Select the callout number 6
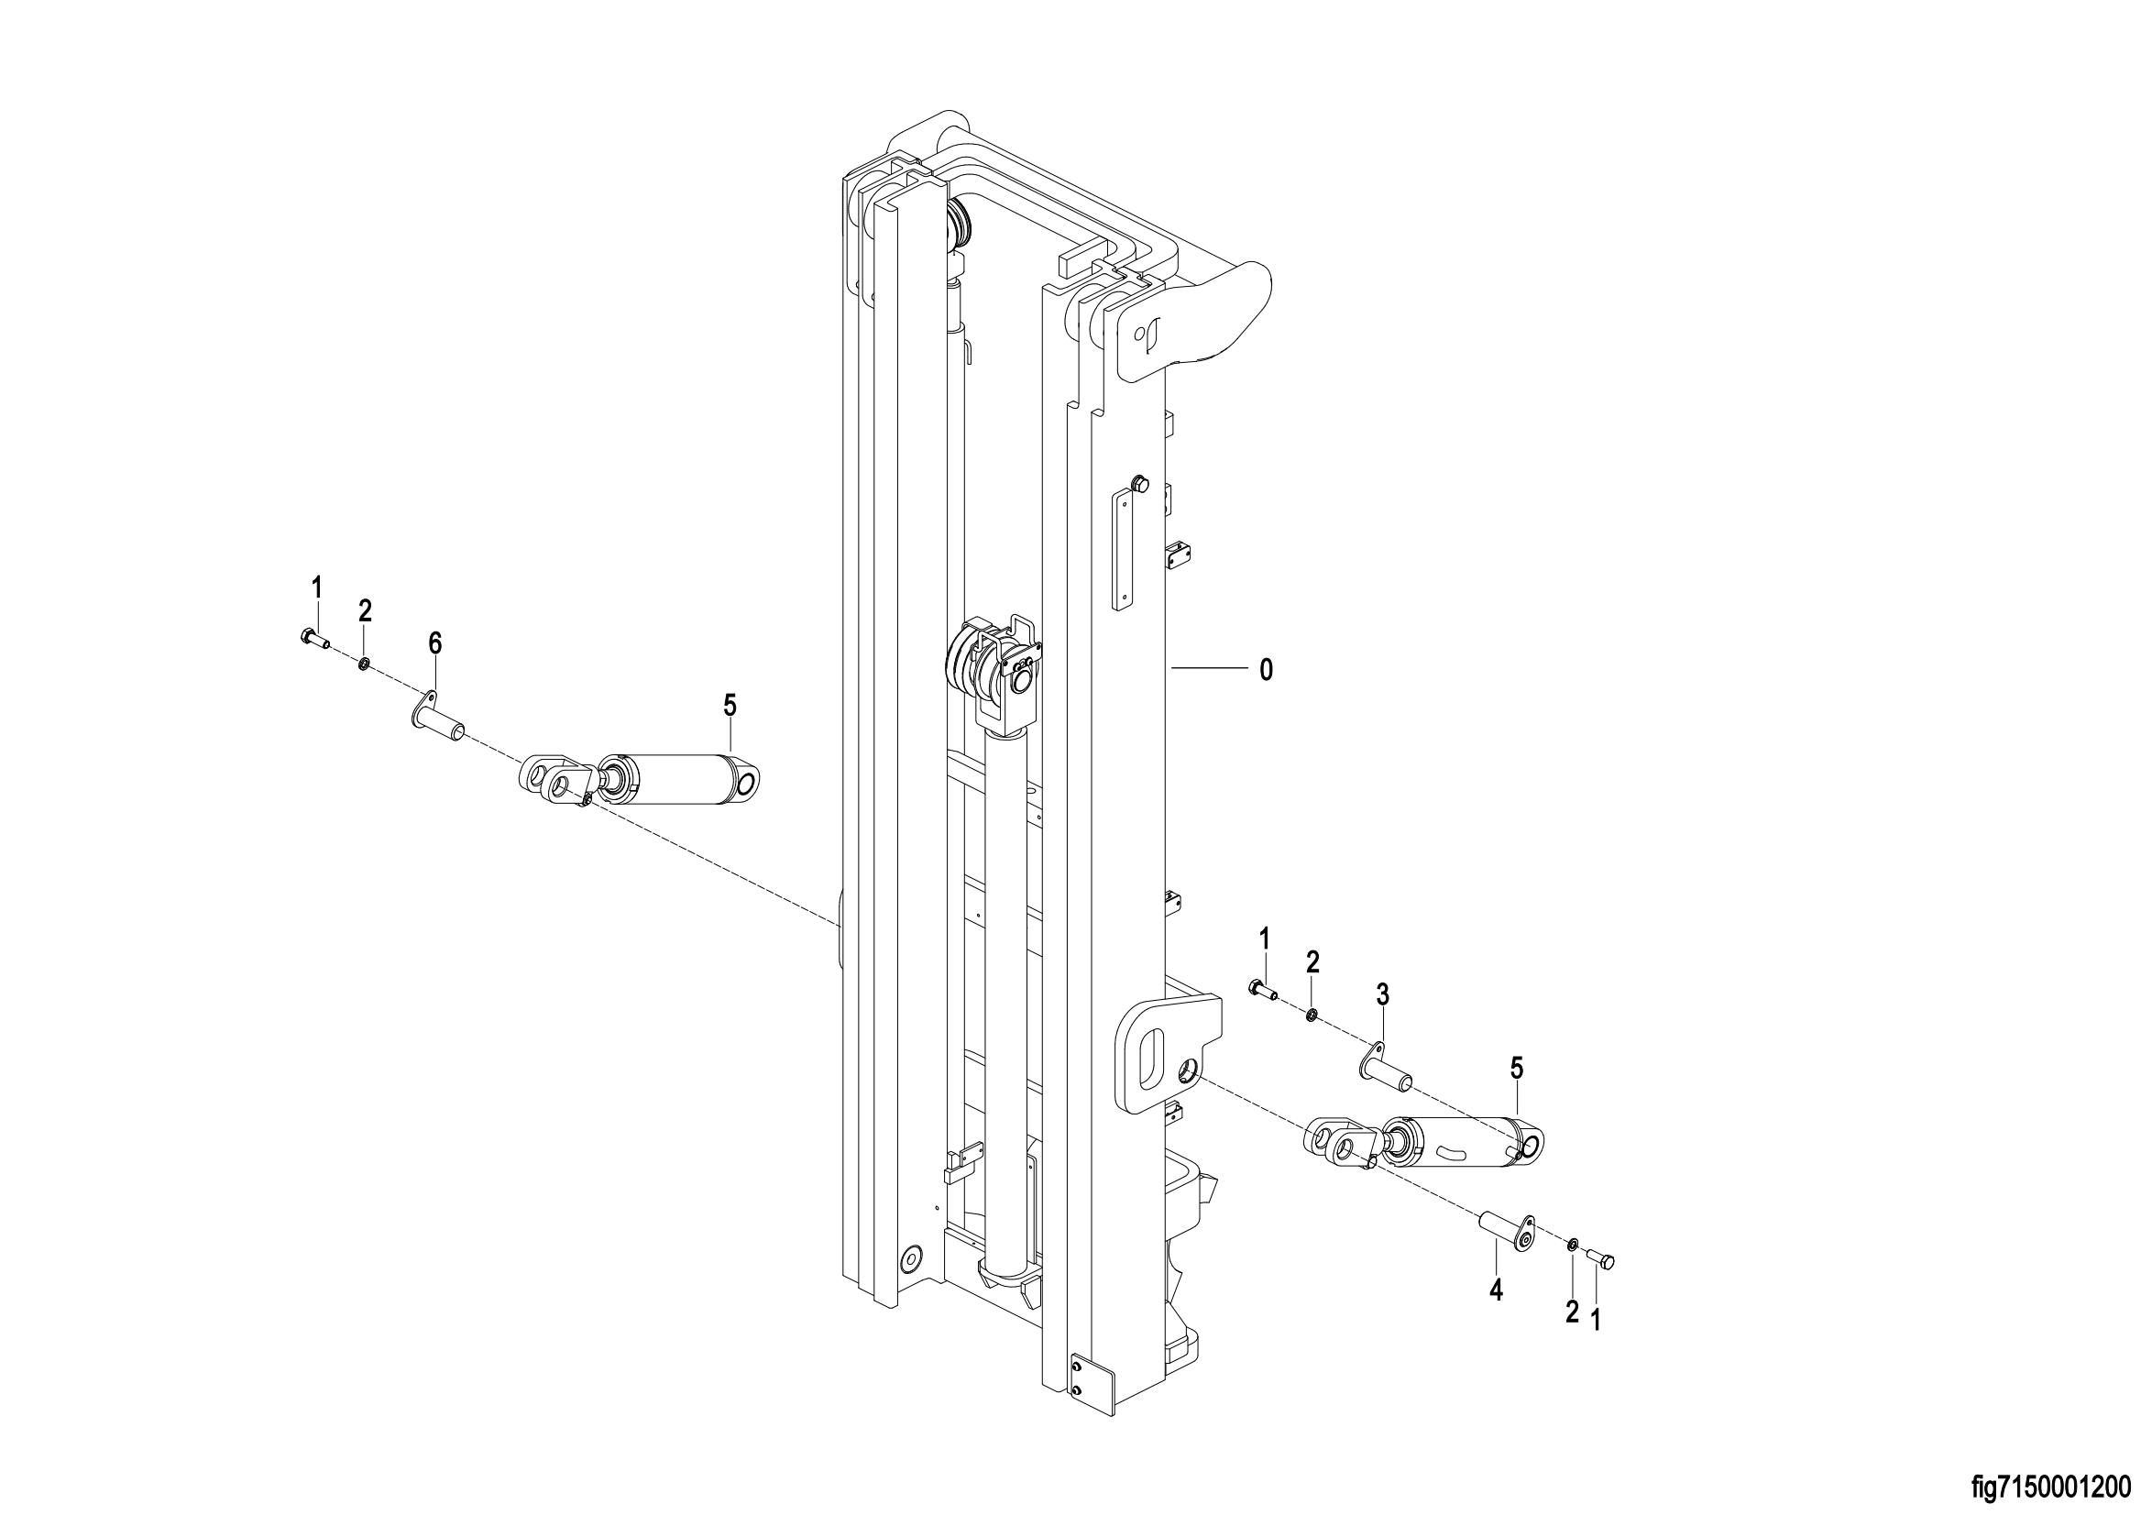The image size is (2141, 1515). pos(434,642)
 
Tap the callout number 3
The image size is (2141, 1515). pos(1382,995)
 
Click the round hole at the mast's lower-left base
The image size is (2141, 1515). pos(909,1258)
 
